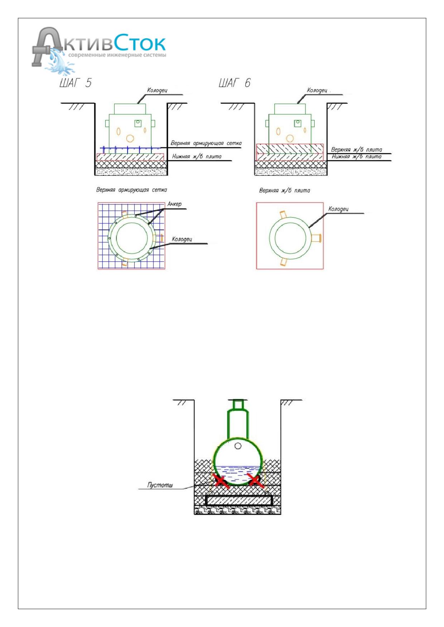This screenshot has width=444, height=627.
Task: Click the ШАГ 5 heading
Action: click(75, 83)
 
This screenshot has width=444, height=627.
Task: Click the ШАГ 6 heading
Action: click(235, 83)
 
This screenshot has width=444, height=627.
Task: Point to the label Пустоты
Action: click(160, 485)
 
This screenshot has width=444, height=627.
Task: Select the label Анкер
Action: click(175, 204)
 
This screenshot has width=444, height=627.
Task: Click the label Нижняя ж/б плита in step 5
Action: click(197, 156)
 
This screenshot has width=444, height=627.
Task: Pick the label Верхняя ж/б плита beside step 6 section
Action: click(356, 150)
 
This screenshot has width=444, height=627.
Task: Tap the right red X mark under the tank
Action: click(256, 481)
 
